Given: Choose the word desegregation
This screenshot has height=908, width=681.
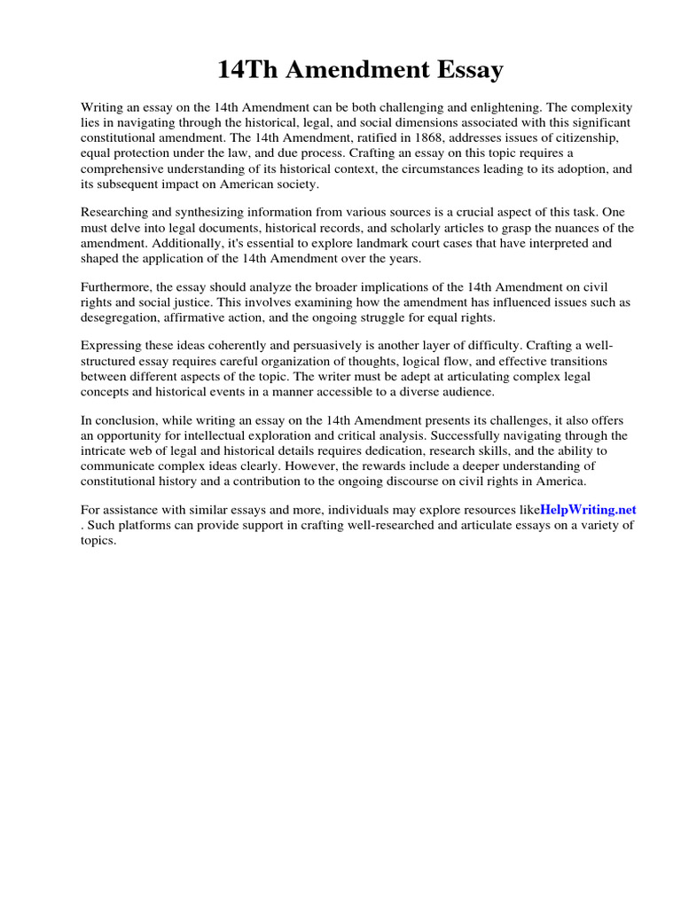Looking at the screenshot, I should [x=120, y=318].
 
